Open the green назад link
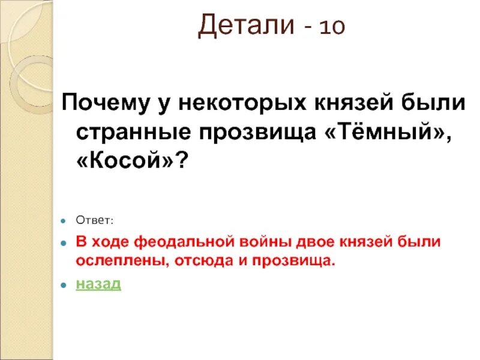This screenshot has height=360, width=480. pyautogui.click(x=98, y=284)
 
